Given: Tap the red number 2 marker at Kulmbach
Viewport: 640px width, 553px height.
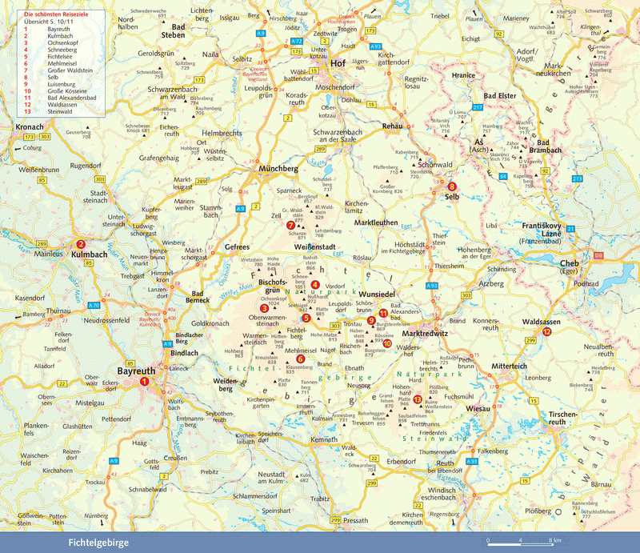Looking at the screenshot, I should point(81,245).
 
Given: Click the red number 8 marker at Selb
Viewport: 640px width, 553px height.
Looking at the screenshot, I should point(452,186).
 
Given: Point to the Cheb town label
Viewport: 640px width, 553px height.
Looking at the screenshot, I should point(569,263).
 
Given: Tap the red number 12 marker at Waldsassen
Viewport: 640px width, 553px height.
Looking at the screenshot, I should point(547,331).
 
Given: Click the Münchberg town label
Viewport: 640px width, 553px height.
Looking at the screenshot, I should point(278,170).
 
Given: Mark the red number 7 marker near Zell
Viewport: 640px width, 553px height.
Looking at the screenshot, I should point(290,225).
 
